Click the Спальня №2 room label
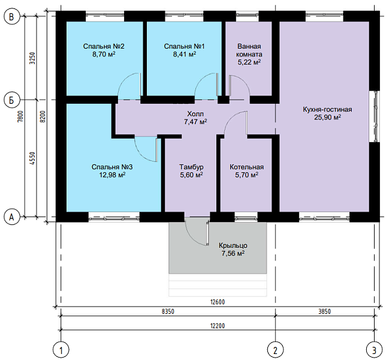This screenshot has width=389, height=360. click(104, 46)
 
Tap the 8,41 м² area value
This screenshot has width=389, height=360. click(185, 54)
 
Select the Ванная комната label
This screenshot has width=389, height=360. click(249, 50)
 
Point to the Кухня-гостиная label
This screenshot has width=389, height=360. click(327, 109)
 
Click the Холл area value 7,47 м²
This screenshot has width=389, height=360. click(195, 122)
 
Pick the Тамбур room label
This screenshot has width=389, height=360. click(192, 167)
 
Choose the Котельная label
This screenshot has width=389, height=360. click(246, 167)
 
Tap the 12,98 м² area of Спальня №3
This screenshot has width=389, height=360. click(112, 175)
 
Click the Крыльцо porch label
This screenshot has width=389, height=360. click(233, 245)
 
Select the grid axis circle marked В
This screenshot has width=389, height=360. click(12, 17)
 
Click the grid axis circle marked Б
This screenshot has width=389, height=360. click(12, 100)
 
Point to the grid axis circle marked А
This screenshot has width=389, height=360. click(12, 217)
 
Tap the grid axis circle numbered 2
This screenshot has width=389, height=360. click(275, 350)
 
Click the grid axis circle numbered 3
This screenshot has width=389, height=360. click(375, 350)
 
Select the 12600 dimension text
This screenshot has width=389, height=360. click(218, 302)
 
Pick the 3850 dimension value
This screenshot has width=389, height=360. click(324, 311)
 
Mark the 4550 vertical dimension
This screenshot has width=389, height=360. click(32, 158)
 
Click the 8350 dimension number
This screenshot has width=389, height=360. click(168, 311)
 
